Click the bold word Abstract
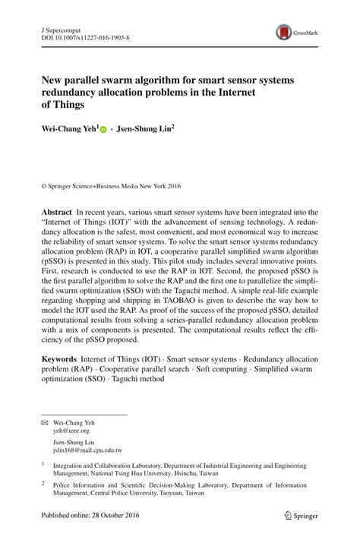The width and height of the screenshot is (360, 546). point(56,212)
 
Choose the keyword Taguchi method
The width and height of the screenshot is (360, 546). point(139,379)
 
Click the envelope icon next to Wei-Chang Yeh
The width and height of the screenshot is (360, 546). point(44,421)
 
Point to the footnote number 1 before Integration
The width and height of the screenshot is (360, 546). point(43,462)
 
